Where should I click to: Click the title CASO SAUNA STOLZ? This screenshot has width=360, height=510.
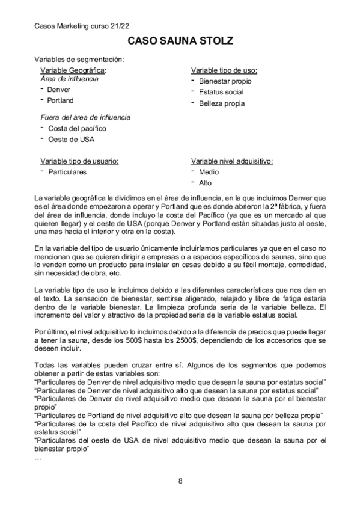tap(180, 41)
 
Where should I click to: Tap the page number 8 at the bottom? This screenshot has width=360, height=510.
tap(180, 480)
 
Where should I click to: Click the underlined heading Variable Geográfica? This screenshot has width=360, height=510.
tap(69, 70)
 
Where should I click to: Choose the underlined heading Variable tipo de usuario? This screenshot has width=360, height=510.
tap(79, 161)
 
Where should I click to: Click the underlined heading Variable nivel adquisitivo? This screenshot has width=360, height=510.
tap(232, 161)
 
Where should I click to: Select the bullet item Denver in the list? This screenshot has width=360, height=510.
tap(59, 90)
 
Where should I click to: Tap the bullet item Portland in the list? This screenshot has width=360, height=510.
tap(60, 100)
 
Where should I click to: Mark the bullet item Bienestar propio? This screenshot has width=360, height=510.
tap(225, 81)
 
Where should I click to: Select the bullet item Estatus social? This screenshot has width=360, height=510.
tap(221, 92)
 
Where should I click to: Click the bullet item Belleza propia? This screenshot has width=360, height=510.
tap(222, 103)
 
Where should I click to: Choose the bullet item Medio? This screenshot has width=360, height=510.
tap(209, 172)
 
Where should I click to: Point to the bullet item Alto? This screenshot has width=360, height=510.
tap(206, 183)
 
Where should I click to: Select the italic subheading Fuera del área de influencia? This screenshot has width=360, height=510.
tap(85, 117)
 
